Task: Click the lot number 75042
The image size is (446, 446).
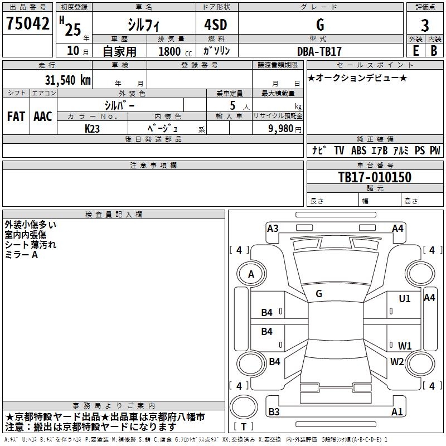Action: (x=28, y=24)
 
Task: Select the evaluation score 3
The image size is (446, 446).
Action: (x=425, y=25)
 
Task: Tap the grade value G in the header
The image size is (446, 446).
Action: (x=319, y=25)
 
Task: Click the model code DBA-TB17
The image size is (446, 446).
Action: (x=319, y=51)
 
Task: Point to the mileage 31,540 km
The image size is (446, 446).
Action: (x=67, y=80)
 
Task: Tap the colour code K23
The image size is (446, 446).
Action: (x=93, y=128)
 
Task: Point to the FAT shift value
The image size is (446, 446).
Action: (x=16, y=117)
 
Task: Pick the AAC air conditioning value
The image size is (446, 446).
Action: (x=43, y=117)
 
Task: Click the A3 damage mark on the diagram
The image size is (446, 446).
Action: (x=273, y=228)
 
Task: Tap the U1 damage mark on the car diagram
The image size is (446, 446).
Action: (x=405, y=299)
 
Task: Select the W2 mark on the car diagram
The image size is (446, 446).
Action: (x=397, y=361)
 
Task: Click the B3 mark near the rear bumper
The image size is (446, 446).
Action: (x=274, y=412)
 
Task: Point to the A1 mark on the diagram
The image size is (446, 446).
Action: (x=397, y=412)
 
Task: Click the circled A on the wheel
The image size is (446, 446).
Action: (x=251, y=274)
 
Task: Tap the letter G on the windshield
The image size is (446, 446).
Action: (x=319, y=293)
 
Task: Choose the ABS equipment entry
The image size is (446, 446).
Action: (x=358, y=151)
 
